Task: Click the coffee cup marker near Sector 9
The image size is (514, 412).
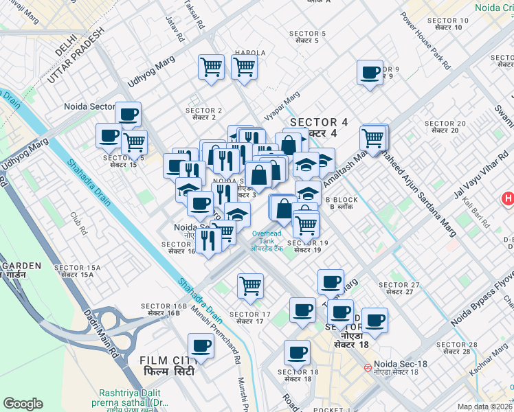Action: click(x=370, y=73)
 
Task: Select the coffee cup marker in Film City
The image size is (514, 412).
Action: click(x=201, y=346)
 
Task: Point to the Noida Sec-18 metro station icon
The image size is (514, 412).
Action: click(x=369, y=367)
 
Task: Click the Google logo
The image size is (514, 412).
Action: click(x=23, y=404)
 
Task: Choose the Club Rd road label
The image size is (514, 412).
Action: click(x=78, y=222)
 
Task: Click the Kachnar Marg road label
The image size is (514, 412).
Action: click(x=489, y=363)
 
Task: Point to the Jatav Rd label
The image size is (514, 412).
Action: click(x=173, y=32)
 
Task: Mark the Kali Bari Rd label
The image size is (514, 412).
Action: click(x=475, y=215)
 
